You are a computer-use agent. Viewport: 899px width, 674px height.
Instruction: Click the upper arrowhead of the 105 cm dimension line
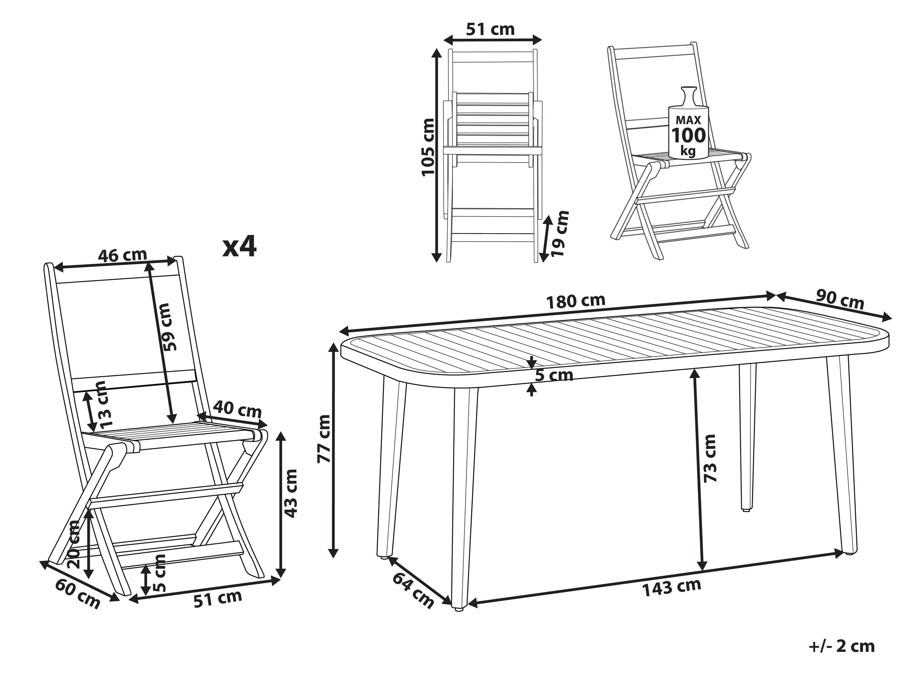click(x=436, y=54)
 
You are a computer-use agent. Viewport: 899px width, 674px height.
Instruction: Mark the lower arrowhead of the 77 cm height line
click(x=333, y=552)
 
